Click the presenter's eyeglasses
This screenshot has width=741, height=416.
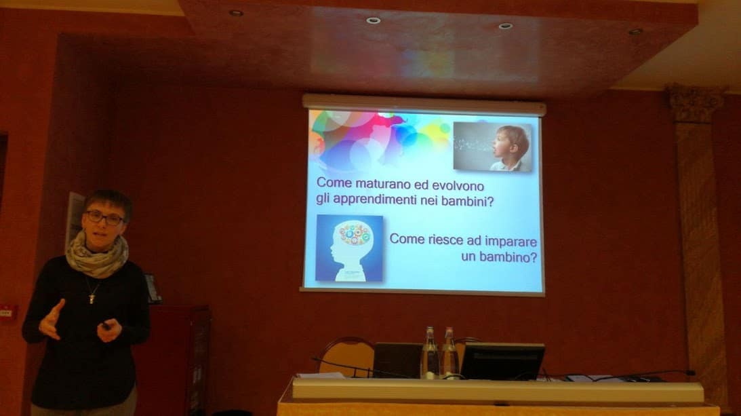(104, 218)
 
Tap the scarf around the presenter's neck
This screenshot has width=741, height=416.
(96, 255)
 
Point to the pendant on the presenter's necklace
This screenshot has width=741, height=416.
(92, 298)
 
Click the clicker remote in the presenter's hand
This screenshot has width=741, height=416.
(106, 326)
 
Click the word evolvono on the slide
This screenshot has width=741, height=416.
(458, 185)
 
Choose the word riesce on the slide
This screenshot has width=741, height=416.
(445, 240)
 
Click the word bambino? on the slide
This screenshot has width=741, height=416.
(508, 257)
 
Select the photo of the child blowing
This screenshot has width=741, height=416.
(492, 146)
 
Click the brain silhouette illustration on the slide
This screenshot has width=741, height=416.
(349, 248)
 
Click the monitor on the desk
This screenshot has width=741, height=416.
(502, 362)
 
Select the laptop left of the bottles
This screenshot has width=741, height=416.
(397, 360)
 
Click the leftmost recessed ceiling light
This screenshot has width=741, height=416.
(235, 13)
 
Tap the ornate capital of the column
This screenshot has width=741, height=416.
(696, 104)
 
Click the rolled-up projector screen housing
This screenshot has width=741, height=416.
(424, 105)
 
